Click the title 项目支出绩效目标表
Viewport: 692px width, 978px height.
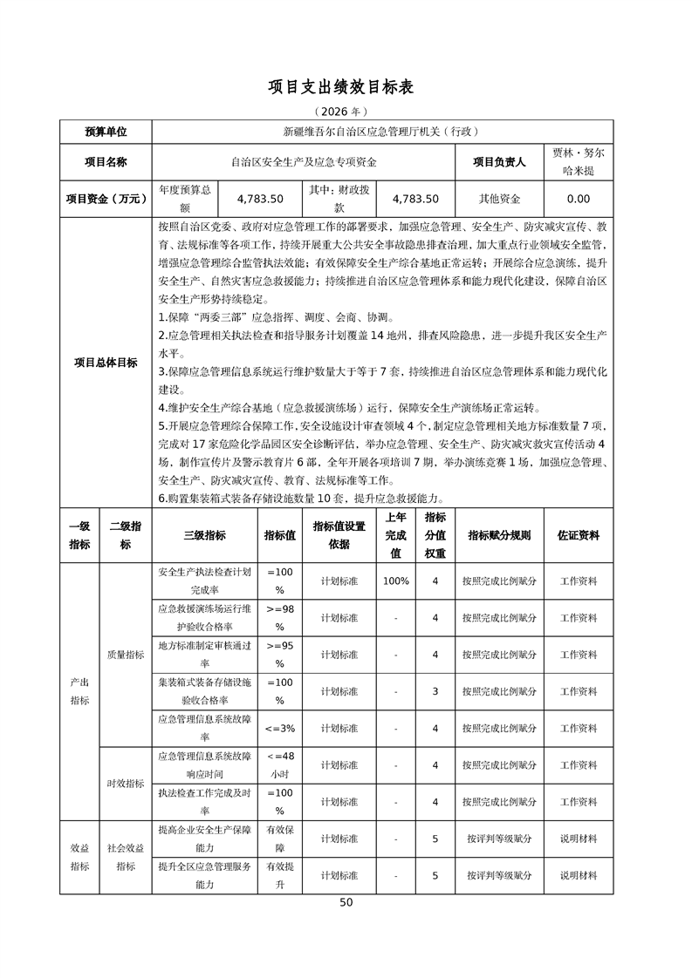346,87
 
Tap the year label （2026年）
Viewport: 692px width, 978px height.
346,112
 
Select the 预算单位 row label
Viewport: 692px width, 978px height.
106,132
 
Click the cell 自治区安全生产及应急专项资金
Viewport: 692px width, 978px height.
304,161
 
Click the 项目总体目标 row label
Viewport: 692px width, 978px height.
106,363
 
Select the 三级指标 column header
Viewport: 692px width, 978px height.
204,535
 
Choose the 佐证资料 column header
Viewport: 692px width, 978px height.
579,535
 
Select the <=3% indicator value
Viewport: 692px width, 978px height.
280,728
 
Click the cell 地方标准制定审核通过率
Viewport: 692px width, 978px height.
204,655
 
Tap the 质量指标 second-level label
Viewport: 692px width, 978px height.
126,655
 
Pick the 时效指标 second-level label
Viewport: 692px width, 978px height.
126,784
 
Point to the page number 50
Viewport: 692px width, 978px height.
346,902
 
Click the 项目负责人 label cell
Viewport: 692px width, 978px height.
499,161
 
